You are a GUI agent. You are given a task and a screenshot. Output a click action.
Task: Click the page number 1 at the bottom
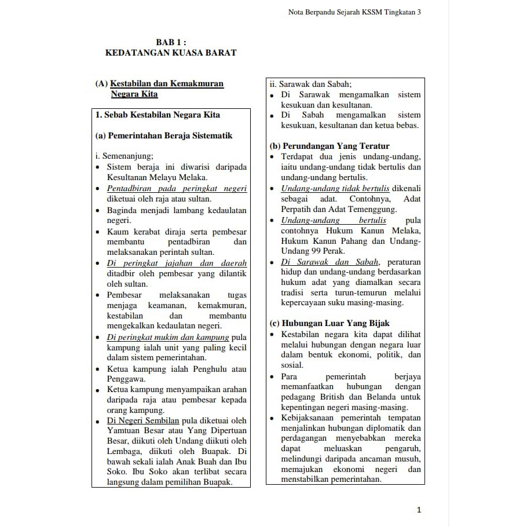[x=419, y=510]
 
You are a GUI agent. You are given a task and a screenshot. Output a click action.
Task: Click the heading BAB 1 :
[x=171, y=42]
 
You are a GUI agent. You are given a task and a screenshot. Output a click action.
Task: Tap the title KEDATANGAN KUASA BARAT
[x=171, y=53]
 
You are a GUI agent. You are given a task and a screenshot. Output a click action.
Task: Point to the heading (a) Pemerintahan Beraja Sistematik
[x=163, y=136]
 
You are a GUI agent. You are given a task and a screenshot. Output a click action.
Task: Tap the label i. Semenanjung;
[x=124, y=156]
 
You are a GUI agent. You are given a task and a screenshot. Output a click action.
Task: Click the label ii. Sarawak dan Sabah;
[x=310, y=84]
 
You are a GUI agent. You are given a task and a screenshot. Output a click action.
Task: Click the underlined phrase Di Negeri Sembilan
[x=143, y=420]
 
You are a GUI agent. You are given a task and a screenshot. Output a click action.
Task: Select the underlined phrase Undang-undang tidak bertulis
[x=335, y=188]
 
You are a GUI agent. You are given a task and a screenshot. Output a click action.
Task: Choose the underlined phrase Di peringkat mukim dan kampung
[x=168, y=337]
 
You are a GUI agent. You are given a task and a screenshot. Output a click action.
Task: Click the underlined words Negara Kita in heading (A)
[x=134, y=94]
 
